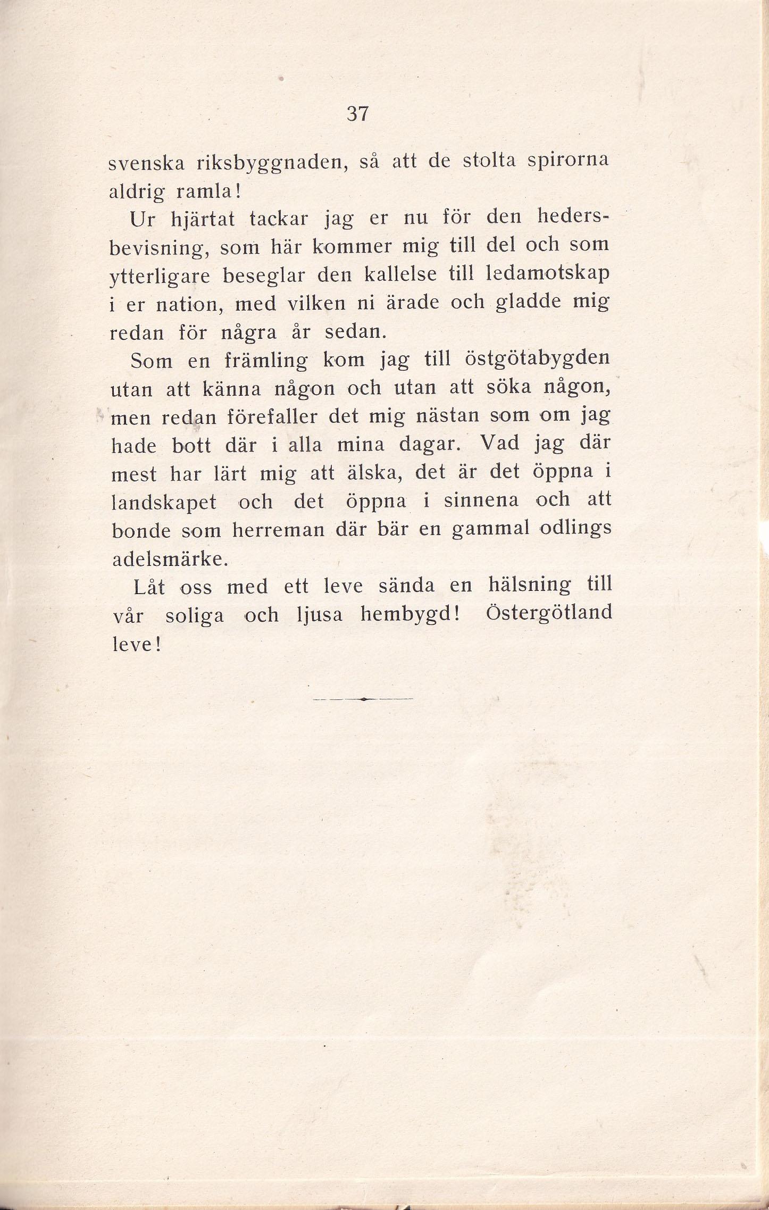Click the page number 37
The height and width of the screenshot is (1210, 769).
pyautogui.click(x=357, y=113)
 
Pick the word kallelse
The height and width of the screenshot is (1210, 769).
pyautogui.click(x=400, y=274)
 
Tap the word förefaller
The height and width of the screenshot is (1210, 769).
pyautogui.click(x=272, y=417)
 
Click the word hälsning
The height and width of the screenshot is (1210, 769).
pyautogui.click(x=529, y=586)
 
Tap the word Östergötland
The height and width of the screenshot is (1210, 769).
pyautogui.click(x=549, y=613)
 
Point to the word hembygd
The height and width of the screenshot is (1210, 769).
pyautogui.click(x=409, y=615)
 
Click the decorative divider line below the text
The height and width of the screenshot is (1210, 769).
pyautogui.click(x=363, y=699)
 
